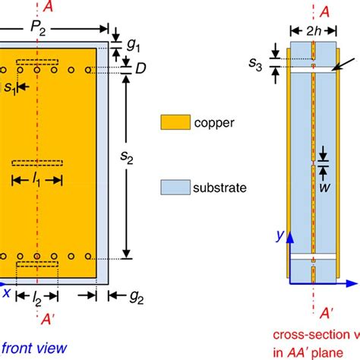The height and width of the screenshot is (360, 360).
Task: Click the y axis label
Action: [x=280, y=237]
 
